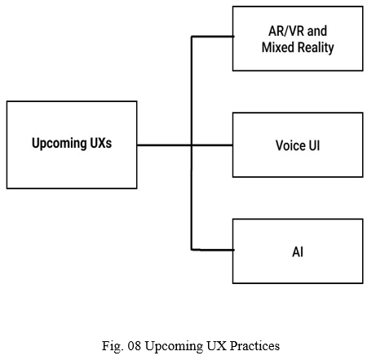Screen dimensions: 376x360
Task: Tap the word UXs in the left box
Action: [100, 143]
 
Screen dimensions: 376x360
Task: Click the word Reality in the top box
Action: [316, 48]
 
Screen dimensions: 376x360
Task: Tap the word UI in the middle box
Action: [314, 145]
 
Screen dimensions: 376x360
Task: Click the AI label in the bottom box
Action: [298, 251]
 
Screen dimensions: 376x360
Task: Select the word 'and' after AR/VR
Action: [317, 31]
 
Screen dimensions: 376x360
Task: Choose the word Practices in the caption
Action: [254, 346]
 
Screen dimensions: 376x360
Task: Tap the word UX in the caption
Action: [216, 346]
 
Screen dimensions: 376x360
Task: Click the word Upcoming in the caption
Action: [174, 347]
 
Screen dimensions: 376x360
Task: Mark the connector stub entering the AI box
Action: [213, 250]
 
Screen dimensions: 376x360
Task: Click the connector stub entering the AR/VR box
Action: [213, 36]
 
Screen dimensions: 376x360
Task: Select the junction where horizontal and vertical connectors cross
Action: [192, 145]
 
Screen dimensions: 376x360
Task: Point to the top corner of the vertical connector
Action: [192, 36]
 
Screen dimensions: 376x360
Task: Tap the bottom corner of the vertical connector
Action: [192, 250]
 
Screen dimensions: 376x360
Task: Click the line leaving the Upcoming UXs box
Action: [185, 145]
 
